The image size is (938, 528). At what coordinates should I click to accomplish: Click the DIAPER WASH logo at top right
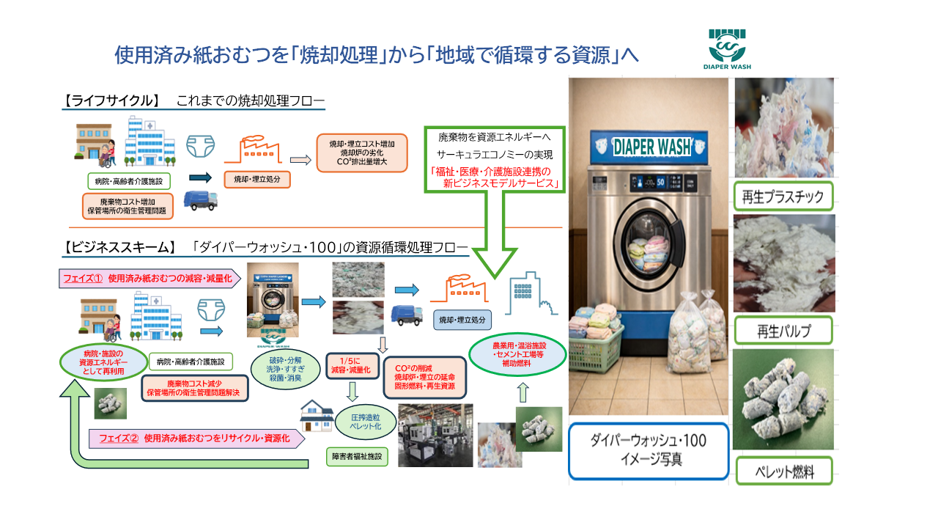(730, 50)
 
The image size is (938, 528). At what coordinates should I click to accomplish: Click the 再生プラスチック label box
(783, 196)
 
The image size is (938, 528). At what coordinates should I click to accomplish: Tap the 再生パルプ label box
(783, 331)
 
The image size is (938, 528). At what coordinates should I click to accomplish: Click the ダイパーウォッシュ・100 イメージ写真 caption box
(648, 451)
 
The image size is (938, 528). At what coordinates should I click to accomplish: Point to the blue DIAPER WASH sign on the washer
(651, 146)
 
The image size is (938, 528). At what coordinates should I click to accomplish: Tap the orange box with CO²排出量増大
(361, 153)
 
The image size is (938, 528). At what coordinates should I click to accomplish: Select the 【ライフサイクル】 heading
(111, 100)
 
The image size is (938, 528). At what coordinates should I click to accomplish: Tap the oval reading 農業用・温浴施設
(517, 354)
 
